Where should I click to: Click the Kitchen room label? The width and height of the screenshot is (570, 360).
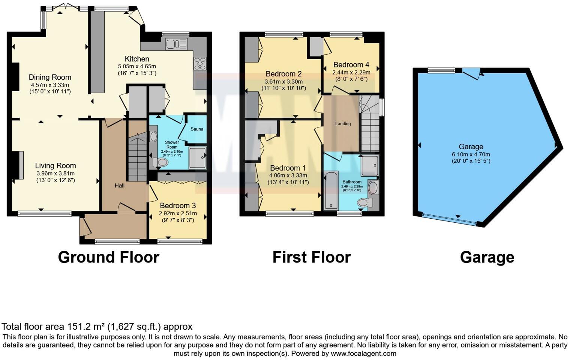pos(137,59)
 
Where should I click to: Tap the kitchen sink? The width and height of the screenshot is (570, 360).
pos(176,44)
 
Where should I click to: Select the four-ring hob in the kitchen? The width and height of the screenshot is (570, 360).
pos(199,63)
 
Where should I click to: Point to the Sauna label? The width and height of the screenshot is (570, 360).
pos(197,129)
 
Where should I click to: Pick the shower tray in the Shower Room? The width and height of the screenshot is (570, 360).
pos(198,158)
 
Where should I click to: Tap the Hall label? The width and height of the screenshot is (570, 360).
pos(120,186)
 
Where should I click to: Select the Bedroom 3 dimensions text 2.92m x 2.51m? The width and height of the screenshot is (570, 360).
pos(177,213)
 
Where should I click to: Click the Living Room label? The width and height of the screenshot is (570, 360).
pos(55,165)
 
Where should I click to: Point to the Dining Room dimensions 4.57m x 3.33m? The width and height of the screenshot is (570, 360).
pos(50,85)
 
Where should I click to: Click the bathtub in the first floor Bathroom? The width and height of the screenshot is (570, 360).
pos(331,190)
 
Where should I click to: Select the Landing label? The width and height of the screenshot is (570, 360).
pos(343,124)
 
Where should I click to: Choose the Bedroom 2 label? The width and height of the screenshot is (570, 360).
pos(283,73)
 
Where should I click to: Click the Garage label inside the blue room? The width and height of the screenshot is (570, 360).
pos(471,147)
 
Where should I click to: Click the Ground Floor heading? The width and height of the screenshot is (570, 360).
pos(109,257)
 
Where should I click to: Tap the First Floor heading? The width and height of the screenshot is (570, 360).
pos(311,257)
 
